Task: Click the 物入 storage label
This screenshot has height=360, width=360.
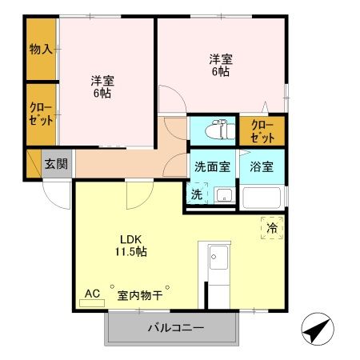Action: coord(42,50)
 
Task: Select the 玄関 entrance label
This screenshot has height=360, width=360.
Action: coord(56,165)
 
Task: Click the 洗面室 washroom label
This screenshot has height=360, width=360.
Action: coord(212,167)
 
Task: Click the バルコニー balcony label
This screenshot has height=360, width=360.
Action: coord(175,328)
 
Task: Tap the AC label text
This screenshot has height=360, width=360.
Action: coord(92,294)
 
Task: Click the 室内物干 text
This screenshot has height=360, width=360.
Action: coord(140,295)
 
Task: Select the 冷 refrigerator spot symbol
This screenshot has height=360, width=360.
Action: coord(272,229)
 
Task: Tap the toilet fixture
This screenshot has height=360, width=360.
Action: coord(218,130)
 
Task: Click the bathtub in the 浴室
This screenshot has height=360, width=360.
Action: coord(262,198)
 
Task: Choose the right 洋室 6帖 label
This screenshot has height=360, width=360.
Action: coord(221,65)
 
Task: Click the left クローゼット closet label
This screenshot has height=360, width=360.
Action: coord(42,114)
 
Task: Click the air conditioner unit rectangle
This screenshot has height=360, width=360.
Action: coord(92,303)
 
